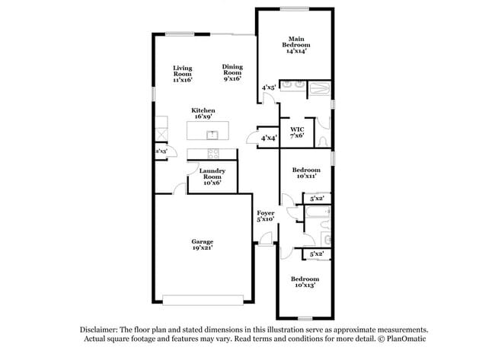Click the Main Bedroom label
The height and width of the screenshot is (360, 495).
[296, 44]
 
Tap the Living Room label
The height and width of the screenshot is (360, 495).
[182, 72]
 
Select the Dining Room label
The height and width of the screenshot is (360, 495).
[232, 72]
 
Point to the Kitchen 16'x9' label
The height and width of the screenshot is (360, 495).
[203, 113]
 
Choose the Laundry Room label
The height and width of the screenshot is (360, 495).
[212, 176]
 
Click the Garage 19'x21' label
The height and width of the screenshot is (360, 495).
[202, 244]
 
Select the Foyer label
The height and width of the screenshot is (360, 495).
[265, 215]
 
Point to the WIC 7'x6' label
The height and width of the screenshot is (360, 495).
[296, 132]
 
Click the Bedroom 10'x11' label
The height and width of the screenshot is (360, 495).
[305, 172]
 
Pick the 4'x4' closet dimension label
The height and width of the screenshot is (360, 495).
[269, 138]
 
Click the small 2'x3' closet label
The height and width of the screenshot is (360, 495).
[161, 152]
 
